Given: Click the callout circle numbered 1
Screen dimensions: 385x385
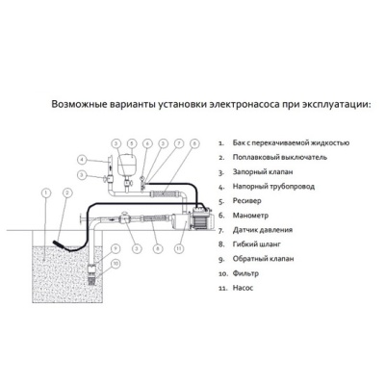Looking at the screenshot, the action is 46,192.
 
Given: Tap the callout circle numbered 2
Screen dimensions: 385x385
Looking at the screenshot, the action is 67,192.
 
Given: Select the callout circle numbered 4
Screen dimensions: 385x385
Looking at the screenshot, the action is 83,159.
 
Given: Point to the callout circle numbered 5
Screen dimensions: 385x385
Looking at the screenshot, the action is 131,143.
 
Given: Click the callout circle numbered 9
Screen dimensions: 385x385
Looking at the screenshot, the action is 115,248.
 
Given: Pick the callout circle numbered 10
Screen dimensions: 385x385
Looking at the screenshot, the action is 115,264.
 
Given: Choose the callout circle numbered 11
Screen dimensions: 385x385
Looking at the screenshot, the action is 180,248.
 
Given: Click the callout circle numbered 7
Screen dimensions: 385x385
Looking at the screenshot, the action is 179,143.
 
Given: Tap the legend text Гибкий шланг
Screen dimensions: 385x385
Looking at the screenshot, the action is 257,244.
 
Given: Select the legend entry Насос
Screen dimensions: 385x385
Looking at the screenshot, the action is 243,288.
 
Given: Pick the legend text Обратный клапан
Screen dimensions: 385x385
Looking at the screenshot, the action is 263,259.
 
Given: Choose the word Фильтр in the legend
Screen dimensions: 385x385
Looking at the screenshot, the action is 245,273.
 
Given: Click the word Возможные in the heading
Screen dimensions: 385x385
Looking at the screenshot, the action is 79,105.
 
